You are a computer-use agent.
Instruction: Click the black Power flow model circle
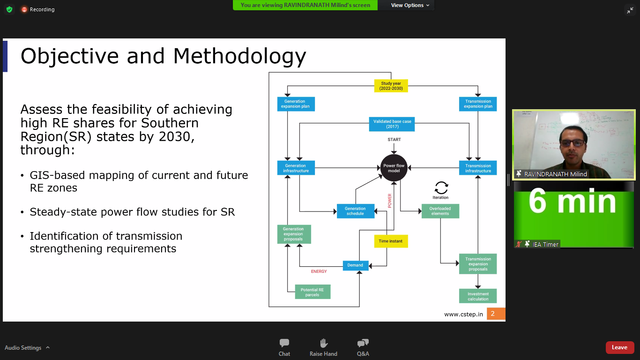click(394, 168)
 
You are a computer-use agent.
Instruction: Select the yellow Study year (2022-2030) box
click(391, 86)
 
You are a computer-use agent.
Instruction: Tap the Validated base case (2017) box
click(392, 124)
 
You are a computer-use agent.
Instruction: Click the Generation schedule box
click(355, 211)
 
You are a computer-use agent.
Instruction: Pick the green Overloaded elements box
click(440, 211)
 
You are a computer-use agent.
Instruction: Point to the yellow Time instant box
click(390, 241)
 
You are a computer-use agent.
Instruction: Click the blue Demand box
click(355, 265)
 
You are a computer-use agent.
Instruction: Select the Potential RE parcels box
click(312, 292)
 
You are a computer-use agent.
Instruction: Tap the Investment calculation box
click(478, 296)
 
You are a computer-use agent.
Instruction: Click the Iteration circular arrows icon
click(441, 187)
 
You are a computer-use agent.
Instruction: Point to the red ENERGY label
click(319, 271)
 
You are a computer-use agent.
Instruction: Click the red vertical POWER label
click(389, 201)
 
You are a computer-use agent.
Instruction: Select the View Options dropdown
click(410, 5)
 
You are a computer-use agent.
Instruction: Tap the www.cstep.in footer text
click(463, 314)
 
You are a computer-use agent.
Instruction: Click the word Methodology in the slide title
click(239, 56)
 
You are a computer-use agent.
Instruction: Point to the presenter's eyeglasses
click(572, 142)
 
